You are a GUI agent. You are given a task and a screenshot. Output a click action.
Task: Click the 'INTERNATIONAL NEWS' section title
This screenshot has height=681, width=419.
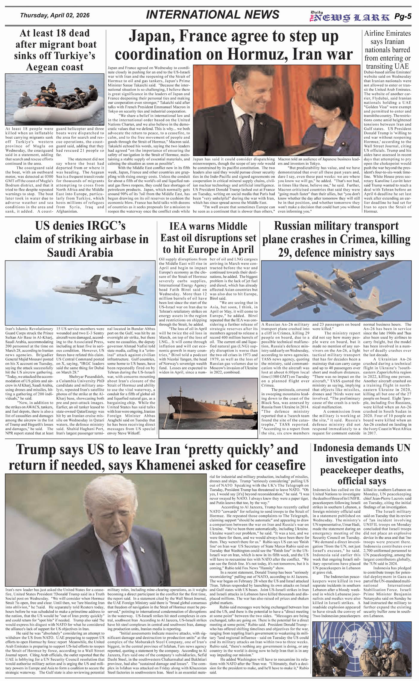coord(212,15)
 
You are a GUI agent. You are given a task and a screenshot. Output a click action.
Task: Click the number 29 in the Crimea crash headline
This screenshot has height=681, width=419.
coord(285,253)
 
